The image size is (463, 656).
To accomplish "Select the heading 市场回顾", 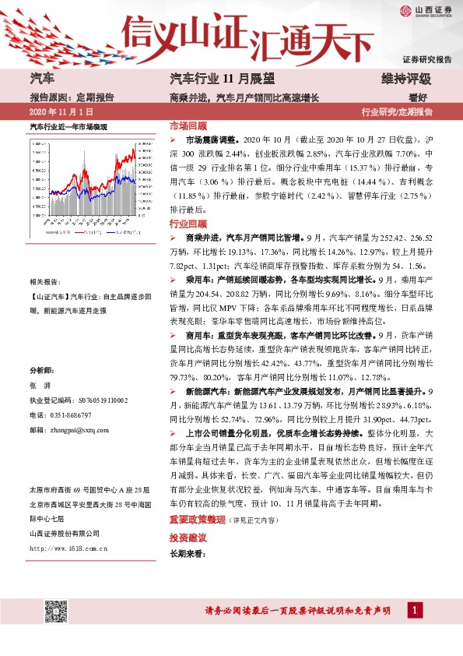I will (188, 125).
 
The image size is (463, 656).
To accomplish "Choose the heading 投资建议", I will (188, 516).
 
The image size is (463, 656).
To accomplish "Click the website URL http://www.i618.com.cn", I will (68, 548).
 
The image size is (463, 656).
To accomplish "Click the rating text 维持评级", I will (405, 79).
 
